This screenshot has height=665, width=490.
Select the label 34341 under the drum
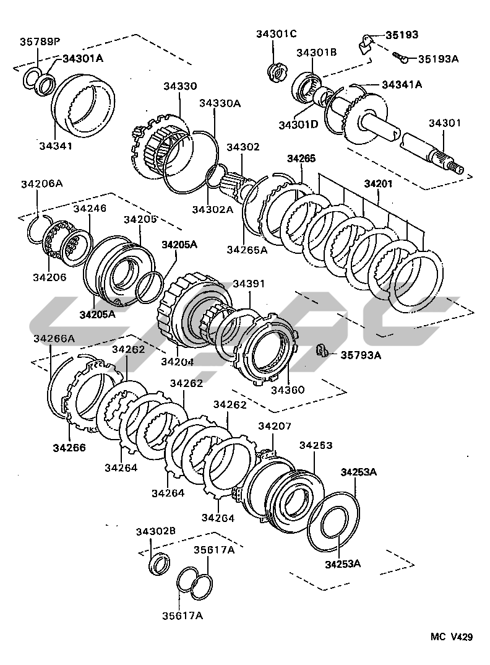click(56, 146)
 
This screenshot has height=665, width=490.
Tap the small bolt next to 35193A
click(400, 58)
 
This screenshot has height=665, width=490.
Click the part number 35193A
click(437, 59)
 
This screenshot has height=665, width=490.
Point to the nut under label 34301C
click(276, 72)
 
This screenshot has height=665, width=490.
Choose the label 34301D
click(298, 125)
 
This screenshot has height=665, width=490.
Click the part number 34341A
click(402, 85)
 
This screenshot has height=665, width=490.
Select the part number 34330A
click(220, 103)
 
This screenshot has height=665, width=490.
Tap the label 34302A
click(212, 209)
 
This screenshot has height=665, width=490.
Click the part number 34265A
click(247, 250)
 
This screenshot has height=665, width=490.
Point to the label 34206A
click(41, 184)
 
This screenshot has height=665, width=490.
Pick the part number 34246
click(90, 209)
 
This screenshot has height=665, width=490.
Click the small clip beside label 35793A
click(322, 351)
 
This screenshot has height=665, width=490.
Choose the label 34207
click(275, 427)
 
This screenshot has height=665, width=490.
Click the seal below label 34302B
click(159, 563)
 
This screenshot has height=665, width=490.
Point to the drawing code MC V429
click(452, 637)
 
